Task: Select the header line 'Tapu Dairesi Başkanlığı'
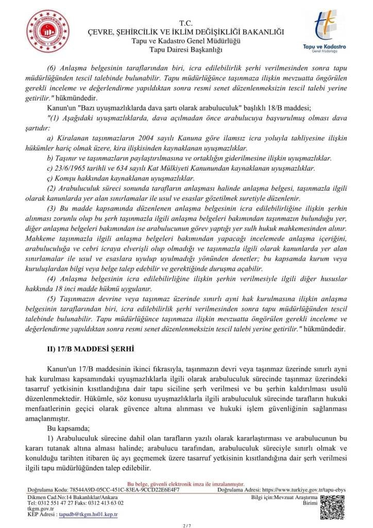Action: tap(185, 49)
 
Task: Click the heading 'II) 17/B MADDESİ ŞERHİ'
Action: tap(91, 349)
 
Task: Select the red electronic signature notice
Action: tap(185, 485)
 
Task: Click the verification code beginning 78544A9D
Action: tap(120, 490)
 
